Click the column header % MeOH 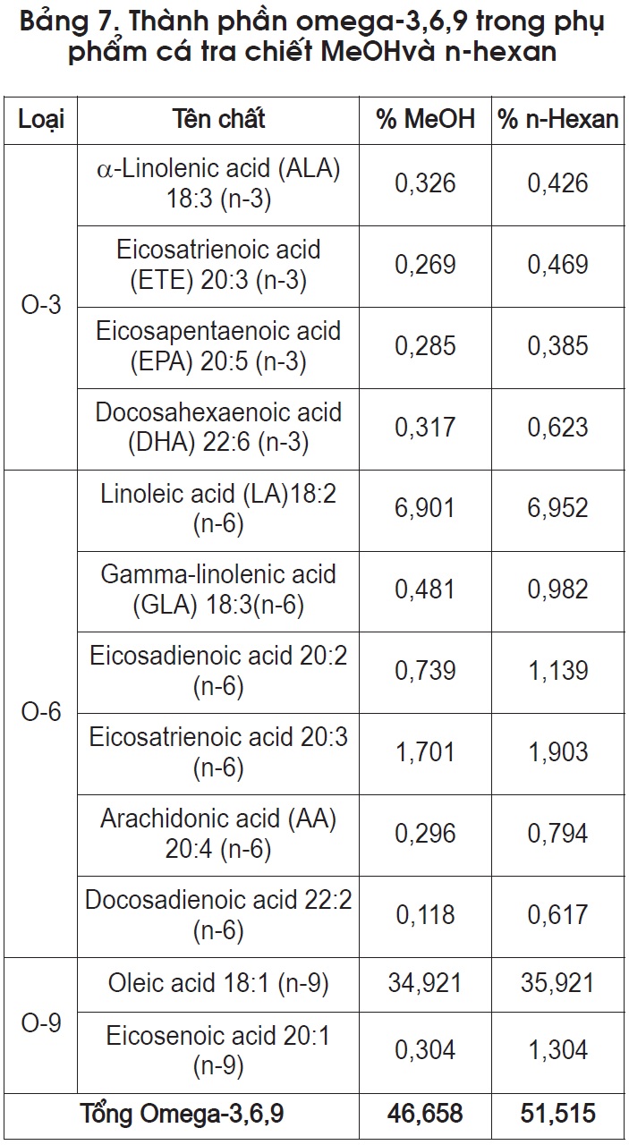pos(426,119)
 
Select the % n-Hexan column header pos(558,119)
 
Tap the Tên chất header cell pos(218,119)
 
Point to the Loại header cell pos(41,120)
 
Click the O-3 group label pos(41,305)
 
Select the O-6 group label pos(41,712)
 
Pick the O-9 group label pos(41,1022)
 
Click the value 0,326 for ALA pos(425,183)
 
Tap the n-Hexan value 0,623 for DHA pos(558,428)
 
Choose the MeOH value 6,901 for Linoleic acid pos(424,509)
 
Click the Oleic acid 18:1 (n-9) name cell pos(218,983)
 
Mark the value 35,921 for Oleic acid pos(557,983)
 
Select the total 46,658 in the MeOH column pos(425,1114)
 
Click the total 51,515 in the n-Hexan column pos(558,1114)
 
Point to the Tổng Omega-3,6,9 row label pos(182,1114)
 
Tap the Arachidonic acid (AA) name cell pos(218,834)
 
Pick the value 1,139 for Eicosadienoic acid pos(558,671)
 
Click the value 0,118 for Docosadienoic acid pos(425,915)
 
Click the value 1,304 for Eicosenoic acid pos(558,1050)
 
